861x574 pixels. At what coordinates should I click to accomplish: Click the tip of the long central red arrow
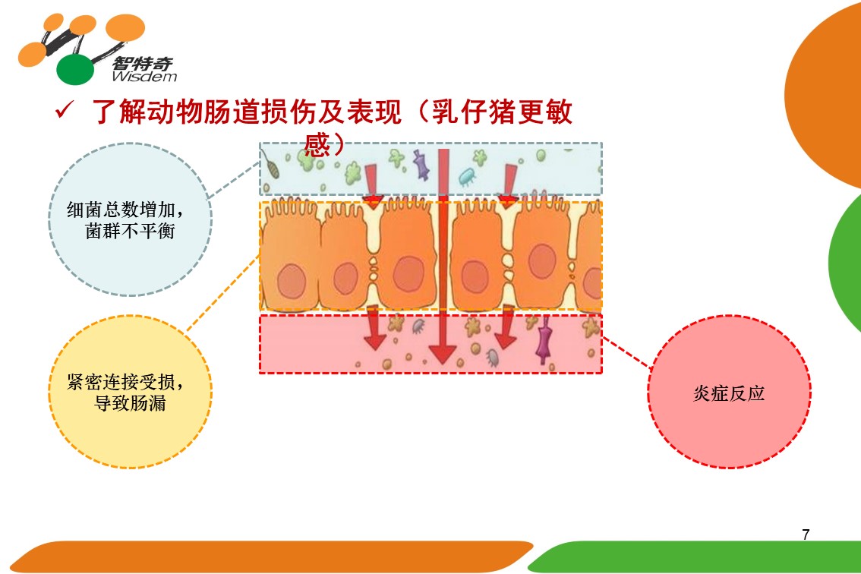coord(443,364)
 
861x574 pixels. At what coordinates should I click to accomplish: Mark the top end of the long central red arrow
coord(443,149)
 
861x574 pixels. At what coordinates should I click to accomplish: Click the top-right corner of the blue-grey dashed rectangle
coord(602,143)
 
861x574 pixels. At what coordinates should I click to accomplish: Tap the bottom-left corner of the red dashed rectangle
coord(260,373)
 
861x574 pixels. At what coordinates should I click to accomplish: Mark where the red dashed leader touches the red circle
coord(651,368)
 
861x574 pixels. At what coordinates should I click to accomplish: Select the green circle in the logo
coord(75,70)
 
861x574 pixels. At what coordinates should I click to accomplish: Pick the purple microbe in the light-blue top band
coord(421,166)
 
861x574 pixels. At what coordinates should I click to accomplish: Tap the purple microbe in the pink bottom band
coord(544,340)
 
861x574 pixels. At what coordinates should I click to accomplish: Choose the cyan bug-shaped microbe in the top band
coord(467,176)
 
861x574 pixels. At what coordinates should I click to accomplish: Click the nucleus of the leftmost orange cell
coord(292,281)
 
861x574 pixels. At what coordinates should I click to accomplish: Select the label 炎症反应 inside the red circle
coord(729,393)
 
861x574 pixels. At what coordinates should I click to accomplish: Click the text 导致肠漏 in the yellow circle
coord(130,403)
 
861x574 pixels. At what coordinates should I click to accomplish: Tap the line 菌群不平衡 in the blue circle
coord(130,231)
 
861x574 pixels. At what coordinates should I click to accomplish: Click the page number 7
coord(806,535)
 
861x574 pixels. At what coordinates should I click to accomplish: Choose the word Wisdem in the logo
coord(144,77)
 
